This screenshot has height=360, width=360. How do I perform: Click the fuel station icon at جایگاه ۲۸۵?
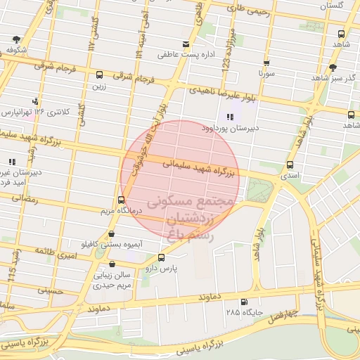click(244, 302)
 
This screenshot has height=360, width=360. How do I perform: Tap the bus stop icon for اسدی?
click(290, 165)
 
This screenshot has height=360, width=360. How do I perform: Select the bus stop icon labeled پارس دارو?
click(162, 258)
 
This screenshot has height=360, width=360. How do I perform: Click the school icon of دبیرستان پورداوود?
click(229, 117)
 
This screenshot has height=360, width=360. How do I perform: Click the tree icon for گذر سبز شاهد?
click(332, 67)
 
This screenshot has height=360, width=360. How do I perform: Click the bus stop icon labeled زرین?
click(98, 75)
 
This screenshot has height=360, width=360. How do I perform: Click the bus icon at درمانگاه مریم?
click(122, 200)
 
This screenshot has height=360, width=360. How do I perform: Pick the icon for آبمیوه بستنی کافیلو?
click(111, 234)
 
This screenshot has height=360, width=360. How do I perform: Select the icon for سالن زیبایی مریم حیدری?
click(112, 264)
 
